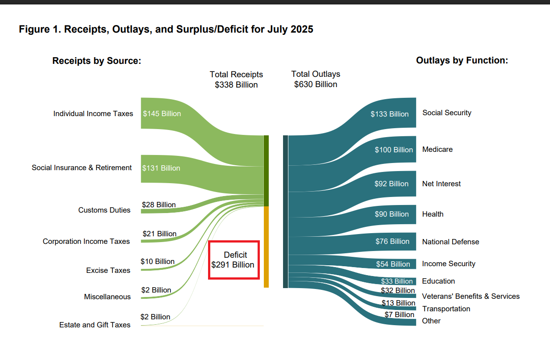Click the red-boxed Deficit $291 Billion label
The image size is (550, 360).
(x=233, y=260)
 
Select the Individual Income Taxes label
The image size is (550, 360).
(x=93, y=113)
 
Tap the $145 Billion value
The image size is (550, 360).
(x=162, y=113)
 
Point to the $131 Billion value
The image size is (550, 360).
(x=161, y=168)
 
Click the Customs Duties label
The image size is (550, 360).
(x=104, y=210)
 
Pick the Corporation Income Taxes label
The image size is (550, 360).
(x=86, y=241)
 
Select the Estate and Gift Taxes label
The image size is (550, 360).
(x=95, y=325)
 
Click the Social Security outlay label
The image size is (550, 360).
(x=447, y=113)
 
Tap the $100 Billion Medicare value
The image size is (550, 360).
(x=394, y=150)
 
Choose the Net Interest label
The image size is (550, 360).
(x=442, y=184)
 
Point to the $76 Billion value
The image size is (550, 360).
(x=392, y=241)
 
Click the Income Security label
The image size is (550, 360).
(x=449, y=264)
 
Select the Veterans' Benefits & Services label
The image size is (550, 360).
(x=471, y=296)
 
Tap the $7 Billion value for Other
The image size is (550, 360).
(x=400, y=314)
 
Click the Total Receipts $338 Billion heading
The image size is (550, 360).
(x=236, y=80)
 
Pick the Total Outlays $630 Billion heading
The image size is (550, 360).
(x=316, y=79)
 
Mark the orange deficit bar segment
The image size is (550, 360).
(x=266, y=247)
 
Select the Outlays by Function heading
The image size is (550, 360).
(x=462, y=60)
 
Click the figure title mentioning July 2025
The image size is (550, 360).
(x=166, y=29)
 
